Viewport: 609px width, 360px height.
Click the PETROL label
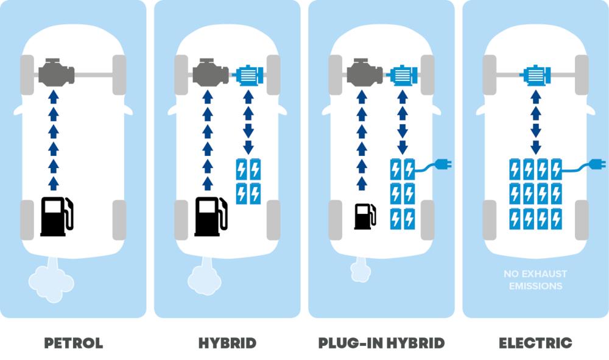[73, 343]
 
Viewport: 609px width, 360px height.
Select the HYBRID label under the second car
[227, 343]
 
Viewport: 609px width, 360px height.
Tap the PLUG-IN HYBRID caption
[381, 343]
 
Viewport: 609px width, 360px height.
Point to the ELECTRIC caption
[535, 343]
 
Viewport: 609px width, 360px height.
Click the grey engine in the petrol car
[56, 74]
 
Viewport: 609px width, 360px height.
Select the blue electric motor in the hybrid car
[248, 75]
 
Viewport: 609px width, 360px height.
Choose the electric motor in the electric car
[536, 75]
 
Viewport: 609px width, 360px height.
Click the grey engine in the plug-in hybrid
[364, 74]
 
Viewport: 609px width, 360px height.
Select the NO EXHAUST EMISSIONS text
[535, 280]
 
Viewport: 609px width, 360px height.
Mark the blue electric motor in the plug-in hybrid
[403, 75]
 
